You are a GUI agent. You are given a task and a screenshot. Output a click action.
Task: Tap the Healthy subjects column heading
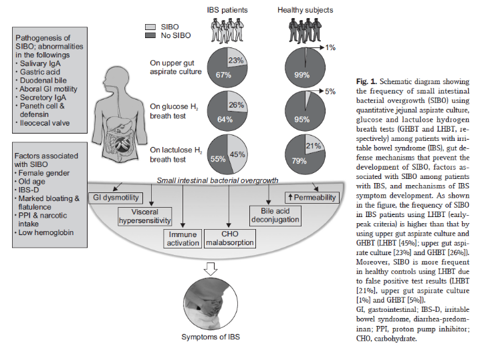pos(306,10)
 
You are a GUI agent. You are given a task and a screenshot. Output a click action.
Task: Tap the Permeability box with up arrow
pos(312,198)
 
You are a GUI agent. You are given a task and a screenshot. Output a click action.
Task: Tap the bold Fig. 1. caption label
pos(367,81)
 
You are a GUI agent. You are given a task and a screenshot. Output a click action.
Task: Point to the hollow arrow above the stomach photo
pos(210,269)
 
